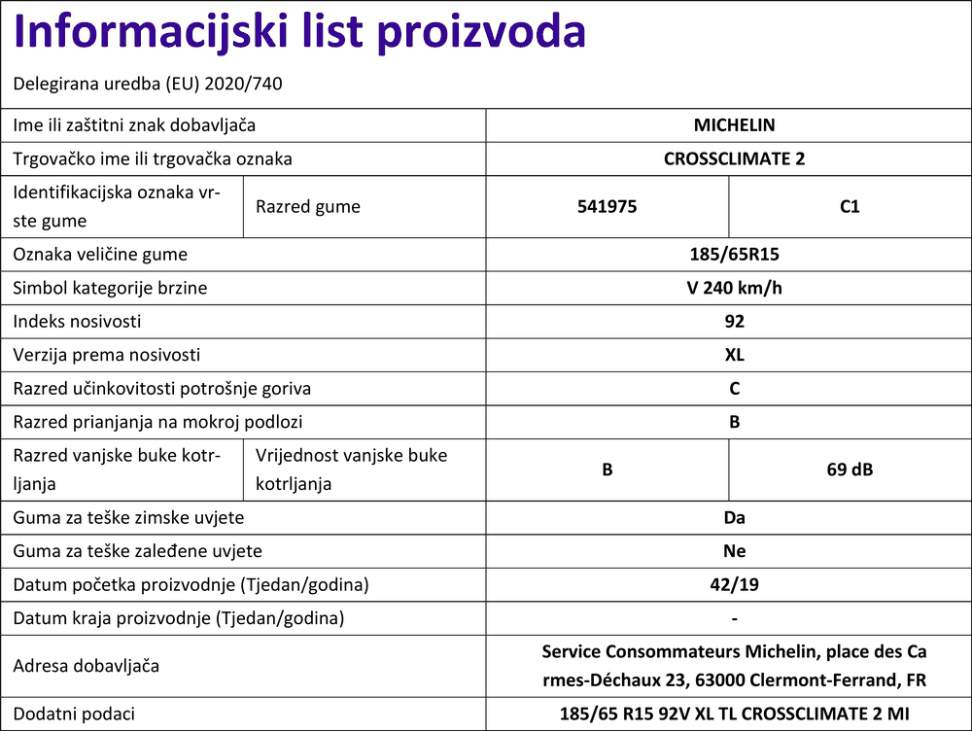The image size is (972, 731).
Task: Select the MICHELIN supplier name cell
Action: (x=734, y=125)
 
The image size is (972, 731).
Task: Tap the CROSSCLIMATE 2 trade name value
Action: (x=734, y=158)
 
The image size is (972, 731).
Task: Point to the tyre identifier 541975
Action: (x=607, y=206)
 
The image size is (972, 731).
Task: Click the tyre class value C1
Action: (x=850, y=206)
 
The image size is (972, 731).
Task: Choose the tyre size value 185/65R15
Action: (x=734, y=255)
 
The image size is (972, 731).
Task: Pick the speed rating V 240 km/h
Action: (x=734, y=288)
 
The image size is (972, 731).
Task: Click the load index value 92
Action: (x=734, y=321)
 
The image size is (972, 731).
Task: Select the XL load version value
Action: (x=734, y=355)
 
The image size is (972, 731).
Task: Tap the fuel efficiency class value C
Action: (x=734, y=388)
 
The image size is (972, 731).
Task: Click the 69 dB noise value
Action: (x=850, y=470)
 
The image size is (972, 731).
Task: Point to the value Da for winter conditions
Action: (x=734, y=518)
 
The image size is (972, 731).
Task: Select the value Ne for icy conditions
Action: (x=734, y=551)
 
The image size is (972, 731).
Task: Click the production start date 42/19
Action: (x=734, y=585)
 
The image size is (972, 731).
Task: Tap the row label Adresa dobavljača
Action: (x=87, y=666)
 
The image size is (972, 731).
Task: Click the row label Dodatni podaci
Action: (x=73, y=714)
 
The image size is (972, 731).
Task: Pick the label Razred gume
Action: (x=307, y=206)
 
